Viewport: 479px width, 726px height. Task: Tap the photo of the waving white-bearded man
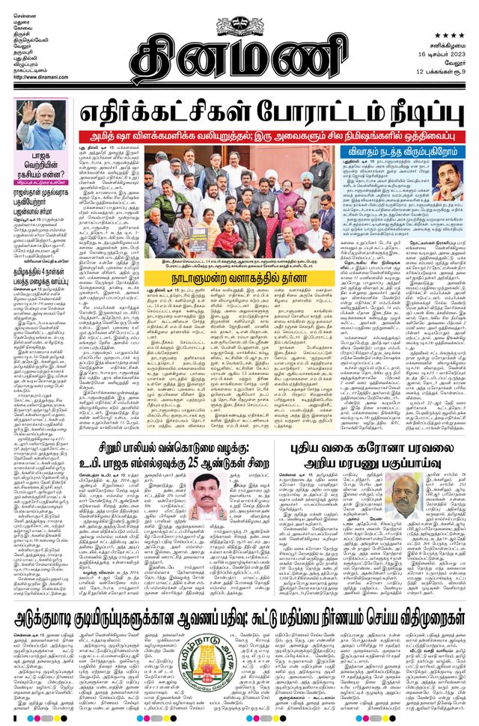41,123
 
